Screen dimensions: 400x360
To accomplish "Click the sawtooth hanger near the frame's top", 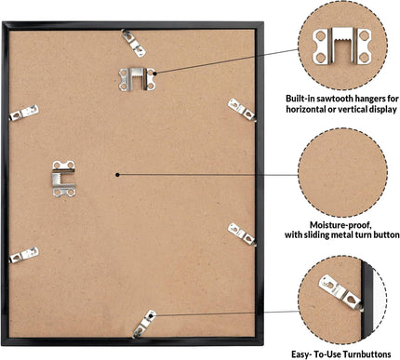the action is click(137, 79).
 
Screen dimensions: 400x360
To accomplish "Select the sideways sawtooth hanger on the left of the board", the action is click(64, 179).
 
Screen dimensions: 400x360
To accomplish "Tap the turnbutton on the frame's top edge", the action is click(134, 43).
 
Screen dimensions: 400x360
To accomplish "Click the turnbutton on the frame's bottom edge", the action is click(144, 324).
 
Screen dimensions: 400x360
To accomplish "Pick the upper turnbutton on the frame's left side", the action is click(24, 113).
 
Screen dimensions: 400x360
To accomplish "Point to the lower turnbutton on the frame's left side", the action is click(24, 255).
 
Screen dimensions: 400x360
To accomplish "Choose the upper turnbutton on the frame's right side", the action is click(242, 110).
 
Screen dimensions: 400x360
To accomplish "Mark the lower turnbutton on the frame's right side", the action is click(242, 234).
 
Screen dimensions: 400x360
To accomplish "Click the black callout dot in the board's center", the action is click(117, 175).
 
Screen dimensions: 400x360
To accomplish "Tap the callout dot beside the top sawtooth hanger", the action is click(154, 73).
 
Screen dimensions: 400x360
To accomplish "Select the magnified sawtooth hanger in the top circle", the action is click(341, 46).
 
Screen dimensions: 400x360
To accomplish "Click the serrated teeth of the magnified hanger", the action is click(341, 41).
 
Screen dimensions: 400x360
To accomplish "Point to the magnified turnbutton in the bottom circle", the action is click(340, 293).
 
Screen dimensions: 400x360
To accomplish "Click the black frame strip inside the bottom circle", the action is click(368, 300).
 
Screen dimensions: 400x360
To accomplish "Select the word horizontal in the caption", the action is click(303, 110).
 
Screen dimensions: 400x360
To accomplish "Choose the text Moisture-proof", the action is click(340, 225).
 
